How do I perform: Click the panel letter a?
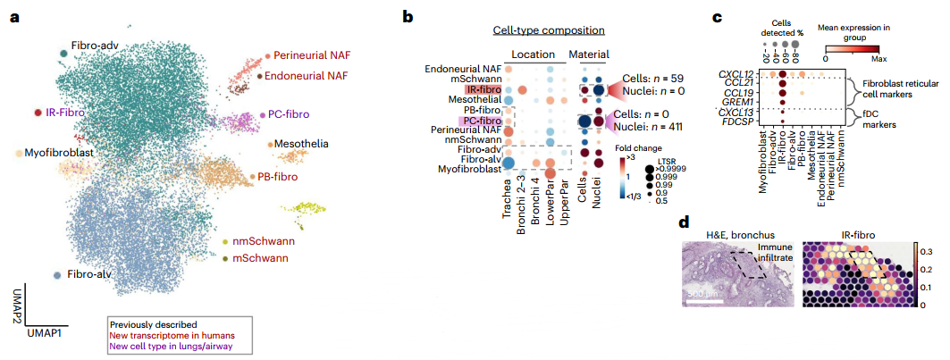point(15,18)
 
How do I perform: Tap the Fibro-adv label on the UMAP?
point(96,45)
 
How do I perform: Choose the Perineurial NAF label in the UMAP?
point(312,55)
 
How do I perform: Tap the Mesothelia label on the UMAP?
point(302,143)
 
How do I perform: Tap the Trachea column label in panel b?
point(508,214)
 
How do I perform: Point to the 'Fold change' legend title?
point(638,148)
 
